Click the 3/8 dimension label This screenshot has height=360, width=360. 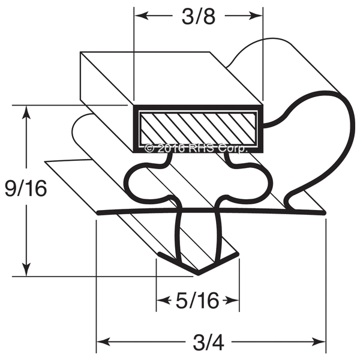click(x=199, y=17)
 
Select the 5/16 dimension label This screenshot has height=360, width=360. click(x=197, y=301)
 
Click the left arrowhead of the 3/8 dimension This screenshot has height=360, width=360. click(x=141, y=16)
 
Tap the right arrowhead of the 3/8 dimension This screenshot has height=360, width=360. click(x=256, y=16)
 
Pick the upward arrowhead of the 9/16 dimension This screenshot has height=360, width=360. click(x=26, y=112)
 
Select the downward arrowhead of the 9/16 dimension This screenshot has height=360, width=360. click(x=26, y=269)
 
